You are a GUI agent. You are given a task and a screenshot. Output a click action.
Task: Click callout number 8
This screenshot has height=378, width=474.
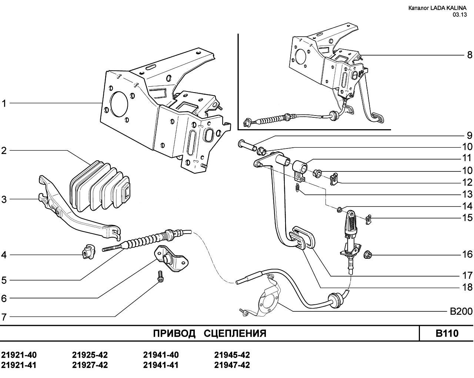tap(470, 55)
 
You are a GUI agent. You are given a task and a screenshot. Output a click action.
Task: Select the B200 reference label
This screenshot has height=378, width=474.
tap(461, 311)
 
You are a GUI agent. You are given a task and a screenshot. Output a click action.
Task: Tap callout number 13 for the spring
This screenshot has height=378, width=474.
tap(467, 194)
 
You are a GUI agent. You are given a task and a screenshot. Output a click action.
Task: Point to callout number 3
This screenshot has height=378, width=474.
tap(4, 199)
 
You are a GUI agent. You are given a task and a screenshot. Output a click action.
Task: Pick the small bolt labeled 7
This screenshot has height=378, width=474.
tap(160, 276)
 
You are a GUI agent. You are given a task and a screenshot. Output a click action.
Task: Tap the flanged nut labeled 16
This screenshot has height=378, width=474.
tap(368, 255)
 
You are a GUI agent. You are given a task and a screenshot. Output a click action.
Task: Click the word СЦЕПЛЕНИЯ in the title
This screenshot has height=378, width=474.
tap(235, 334)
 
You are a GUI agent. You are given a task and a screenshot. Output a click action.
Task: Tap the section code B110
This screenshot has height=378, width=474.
tap(447, 333)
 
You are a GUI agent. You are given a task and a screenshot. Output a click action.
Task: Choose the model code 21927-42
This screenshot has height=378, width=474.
tap(90, 365)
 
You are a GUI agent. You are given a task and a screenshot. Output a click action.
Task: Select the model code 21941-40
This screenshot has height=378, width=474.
tap(161, 355)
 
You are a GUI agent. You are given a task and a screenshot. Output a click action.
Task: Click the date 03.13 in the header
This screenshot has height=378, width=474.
tap(460, 15)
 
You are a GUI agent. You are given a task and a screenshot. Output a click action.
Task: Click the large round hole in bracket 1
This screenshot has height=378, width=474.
tap(119, 104)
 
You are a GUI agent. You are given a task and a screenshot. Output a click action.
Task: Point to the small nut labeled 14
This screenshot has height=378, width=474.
tap(340, 210)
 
